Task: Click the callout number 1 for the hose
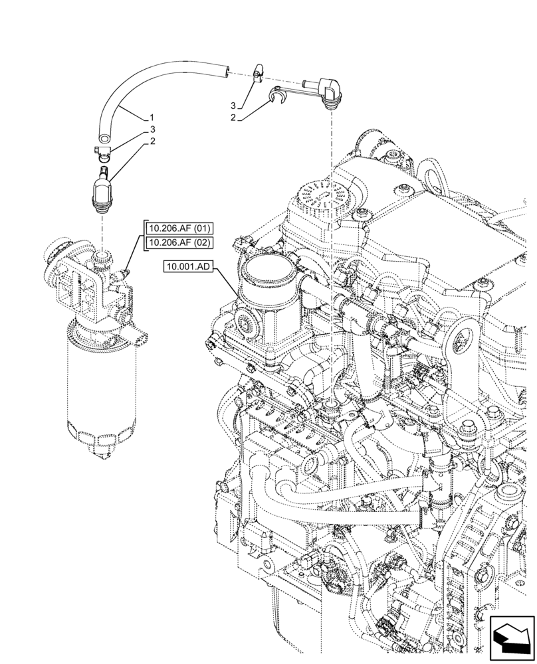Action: pyautogui.click(x=152, y=118)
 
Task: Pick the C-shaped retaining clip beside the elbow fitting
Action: pyautogui.click(x=277, y=98)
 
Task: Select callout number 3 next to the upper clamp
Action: pyautogui.click(x=233, y=106)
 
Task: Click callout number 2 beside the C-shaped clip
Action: pyautogui.click(x=233, y=118)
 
